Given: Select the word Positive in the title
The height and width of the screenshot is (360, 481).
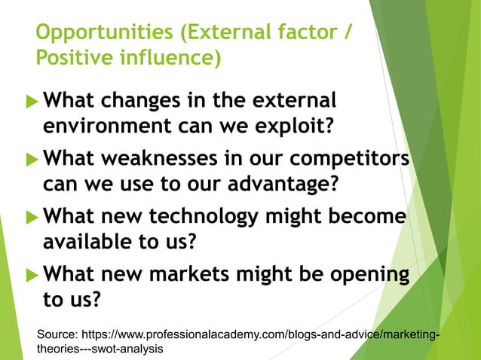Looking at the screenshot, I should (72, 58).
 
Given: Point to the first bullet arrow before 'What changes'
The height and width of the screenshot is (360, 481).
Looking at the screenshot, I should (31, 101).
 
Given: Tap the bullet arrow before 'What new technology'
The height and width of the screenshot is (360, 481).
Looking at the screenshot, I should (31, 218).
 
